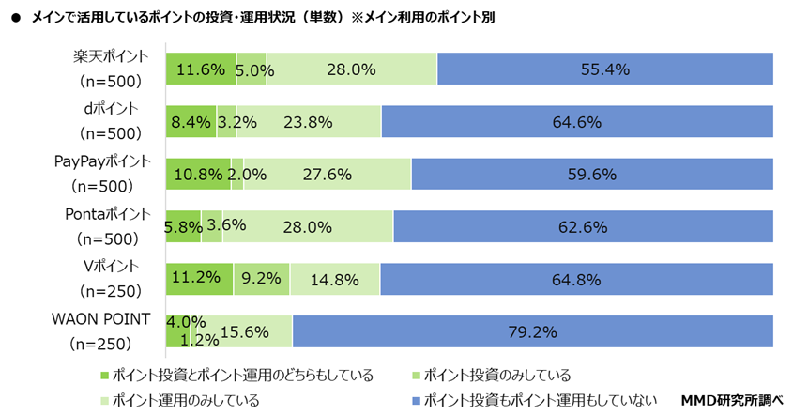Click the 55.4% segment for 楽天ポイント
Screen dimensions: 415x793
pyautogui.click(x=604, y=69)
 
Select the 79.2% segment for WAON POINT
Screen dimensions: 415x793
pyautogui.click(x=532, y=331)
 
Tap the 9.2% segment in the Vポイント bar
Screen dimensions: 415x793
pyautogui.click(x=262, y=279)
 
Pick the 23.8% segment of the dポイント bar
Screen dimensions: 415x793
pyautogui.click(x=315, y=122)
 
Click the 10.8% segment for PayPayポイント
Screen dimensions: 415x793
pyautogui.click(x=198, y=175)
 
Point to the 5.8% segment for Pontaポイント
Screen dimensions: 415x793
pyautogui.click(x=183, y=226)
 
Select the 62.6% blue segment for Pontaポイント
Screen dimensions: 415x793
pyautogui.click(x=583, y=226)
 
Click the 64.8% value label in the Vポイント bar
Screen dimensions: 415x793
pyautogui.click(x=577, y=279)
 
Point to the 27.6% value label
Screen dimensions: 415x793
pyautogui.click(x=327, y=175)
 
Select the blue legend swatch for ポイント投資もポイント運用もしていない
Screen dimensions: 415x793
pyautogui.click(x=413, y=401)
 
